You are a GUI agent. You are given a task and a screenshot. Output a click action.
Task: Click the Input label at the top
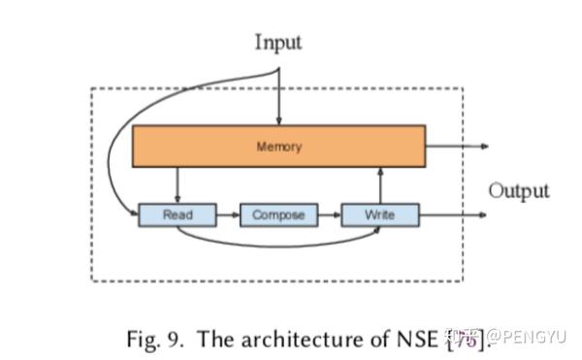coord(277,42)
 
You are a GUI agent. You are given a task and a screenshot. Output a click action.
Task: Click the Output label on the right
coord(518,190)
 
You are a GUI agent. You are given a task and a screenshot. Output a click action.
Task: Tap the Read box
coord(177,214)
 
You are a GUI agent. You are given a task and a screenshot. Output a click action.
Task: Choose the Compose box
coord(278,214)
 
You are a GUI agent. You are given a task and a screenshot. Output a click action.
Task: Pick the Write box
coord(380,214)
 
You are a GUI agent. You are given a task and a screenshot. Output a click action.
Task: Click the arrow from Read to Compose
coord(227,214)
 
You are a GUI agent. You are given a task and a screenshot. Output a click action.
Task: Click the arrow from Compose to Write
coord(330,214)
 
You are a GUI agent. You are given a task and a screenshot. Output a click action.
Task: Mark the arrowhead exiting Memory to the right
coord(483,147)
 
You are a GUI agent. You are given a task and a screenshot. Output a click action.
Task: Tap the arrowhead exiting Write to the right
coord(483,214)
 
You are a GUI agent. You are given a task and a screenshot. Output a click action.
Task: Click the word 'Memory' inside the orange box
coord(278,147)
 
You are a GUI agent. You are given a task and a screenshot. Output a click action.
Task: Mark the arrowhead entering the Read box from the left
coord(134,213)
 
